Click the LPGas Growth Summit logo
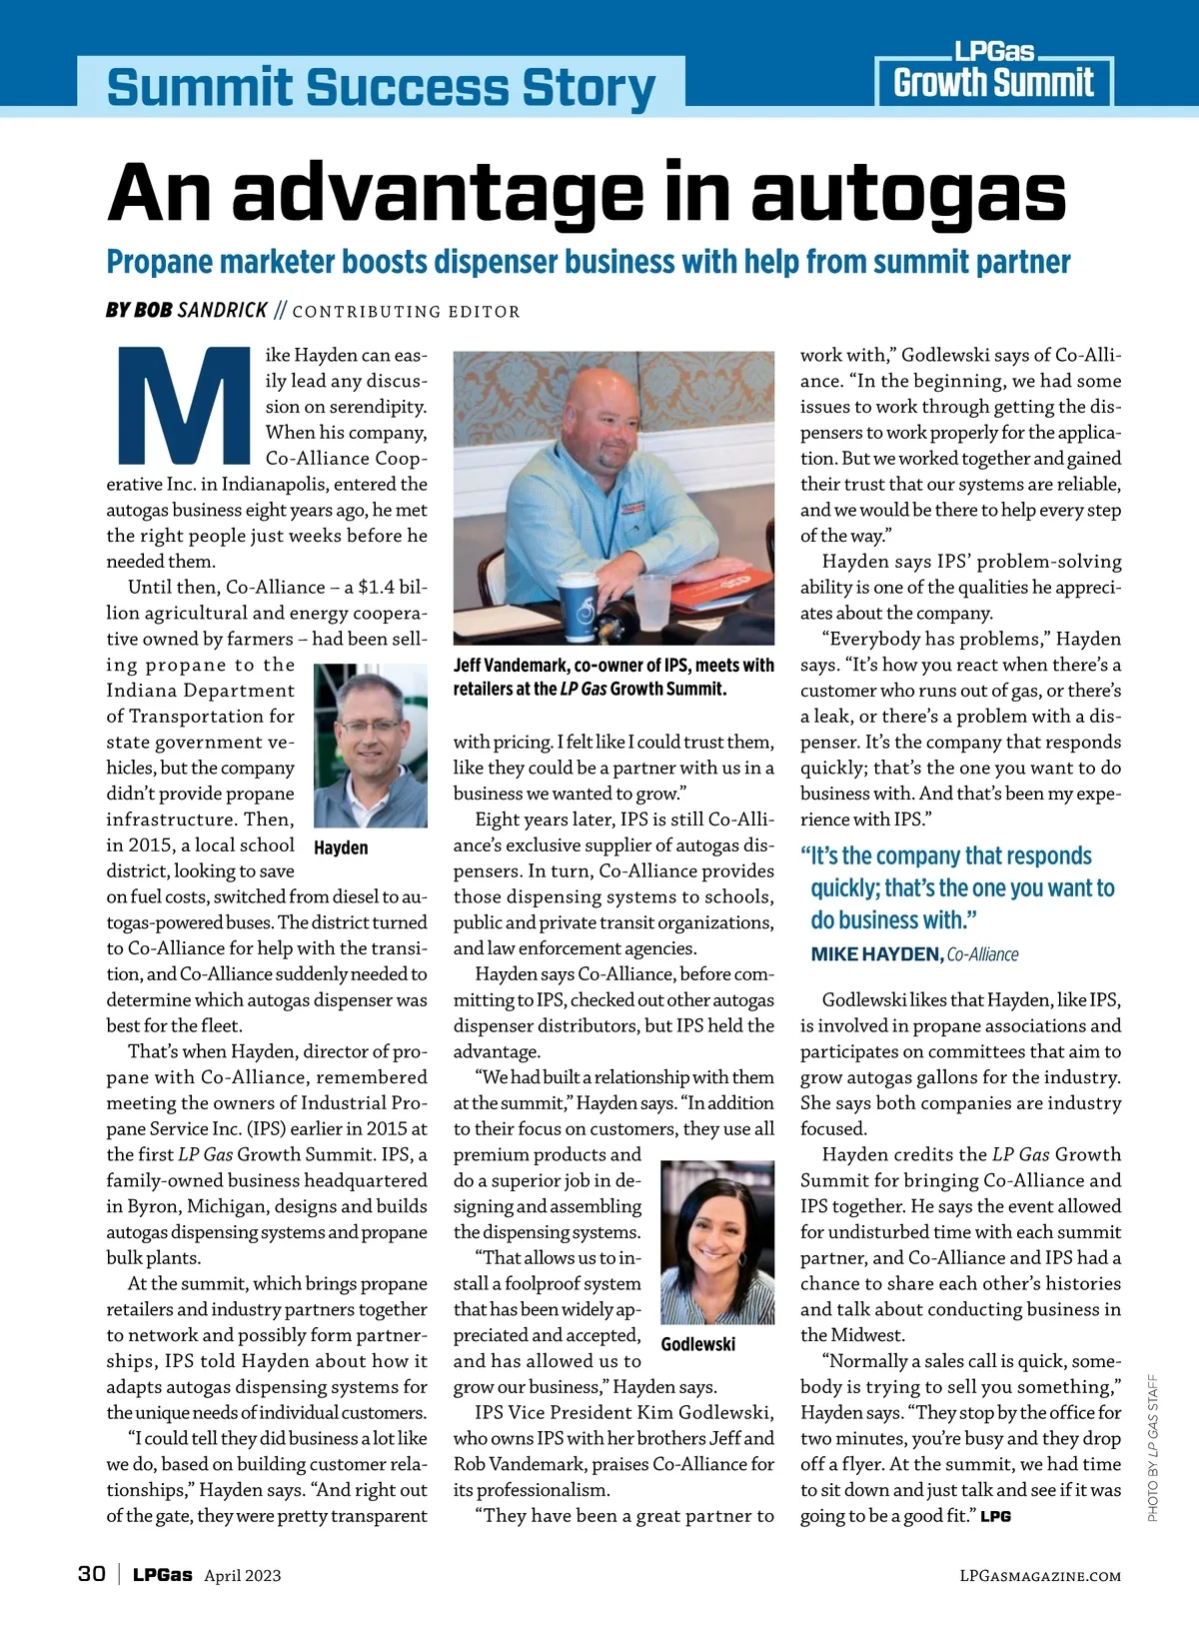[x=993, y=73]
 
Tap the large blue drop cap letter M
[x=184, y=405]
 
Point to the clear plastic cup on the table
[x=653, y=602]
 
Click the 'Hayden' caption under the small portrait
[x=341, y=847]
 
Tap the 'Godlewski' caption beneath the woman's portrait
[x=697, y=1344]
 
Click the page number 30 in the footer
[x=91, y=1574]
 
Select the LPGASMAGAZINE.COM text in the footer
[x=1039, y=1576]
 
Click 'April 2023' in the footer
[x=243, y=1576]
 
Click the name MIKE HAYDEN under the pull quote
[x=875, y=954]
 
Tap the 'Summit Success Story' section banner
[x=381, y=86]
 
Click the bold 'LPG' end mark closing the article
[x=995, y=1516]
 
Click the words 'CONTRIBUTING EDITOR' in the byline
[x=406, y=312]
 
